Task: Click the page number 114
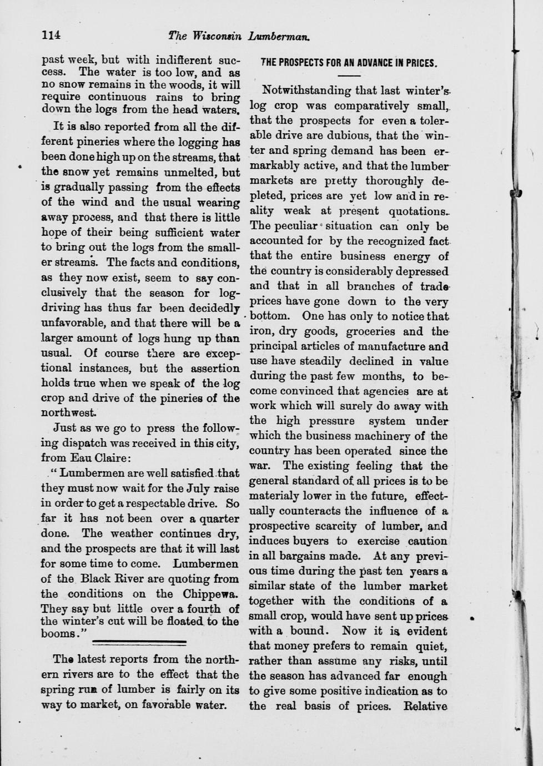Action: [51, 35]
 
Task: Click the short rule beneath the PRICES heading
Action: [349, 75]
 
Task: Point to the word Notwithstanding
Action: [306, 90]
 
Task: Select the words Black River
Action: [114, 578]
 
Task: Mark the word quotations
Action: [419, 211]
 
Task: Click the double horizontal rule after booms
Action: [138, 642]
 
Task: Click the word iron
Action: [260, 332]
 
